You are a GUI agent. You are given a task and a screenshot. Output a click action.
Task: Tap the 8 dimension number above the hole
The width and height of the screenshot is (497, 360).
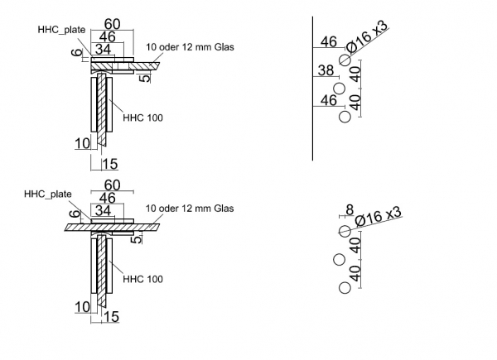coord(350,210)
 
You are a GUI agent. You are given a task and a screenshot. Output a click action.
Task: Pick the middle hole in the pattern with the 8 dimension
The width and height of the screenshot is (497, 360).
coord(339,260)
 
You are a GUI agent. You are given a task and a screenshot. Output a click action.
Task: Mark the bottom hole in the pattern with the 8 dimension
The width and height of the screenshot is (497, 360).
coord(345,288)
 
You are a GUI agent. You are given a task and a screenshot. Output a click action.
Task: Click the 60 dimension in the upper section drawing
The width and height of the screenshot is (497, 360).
coord(112,23)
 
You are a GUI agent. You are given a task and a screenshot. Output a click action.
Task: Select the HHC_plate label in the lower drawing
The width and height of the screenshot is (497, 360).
coord(47,194)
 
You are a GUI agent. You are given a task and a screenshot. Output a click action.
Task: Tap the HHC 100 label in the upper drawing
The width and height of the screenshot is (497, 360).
coord(142,118)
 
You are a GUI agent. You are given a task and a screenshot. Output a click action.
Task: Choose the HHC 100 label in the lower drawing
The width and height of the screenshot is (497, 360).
coord(142,278)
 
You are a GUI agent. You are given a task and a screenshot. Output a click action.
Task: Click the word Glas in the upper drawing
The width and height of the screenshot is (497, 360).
coord(221,47)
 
